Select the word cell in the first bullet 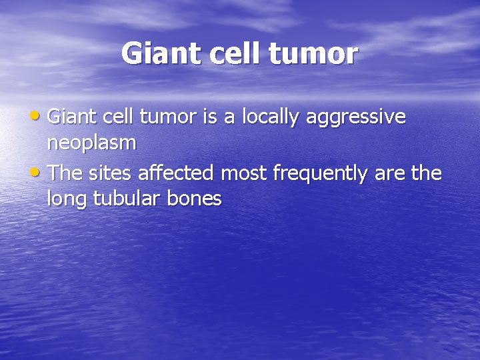[119, 117]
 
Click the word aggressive [356, 118]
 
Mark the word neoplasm [92, 143]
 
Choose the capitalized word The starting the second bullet [65, 173]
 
